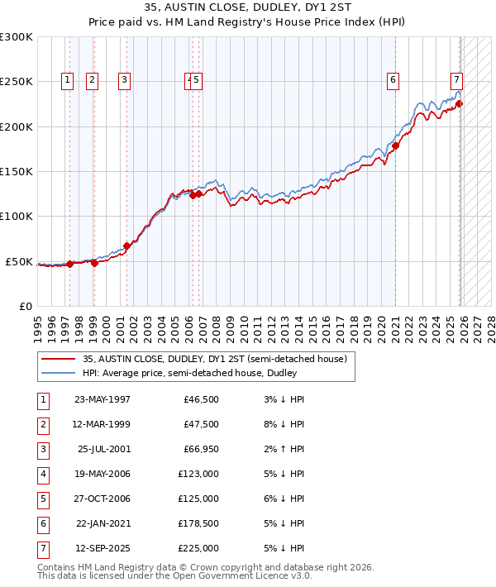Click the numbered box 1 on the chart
[x=66, y=80]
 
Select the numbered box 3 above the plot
[x=124, y=80]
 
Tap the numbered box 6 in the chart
[x=393, y=80]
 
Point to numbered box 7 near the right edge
[x=455, y=80]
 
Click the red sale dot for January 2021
[x=396, y=146]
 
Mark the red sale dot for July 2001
[x=127, y=246]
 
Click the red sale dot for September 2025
[x=460, y=104]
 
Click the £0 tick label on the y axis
[x=26, y=306]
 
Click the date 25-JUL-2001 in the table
[x=103, y=449]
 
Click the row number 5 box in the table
[x=43, y=499]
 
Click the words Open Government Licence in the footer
[x=231, y=576]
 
